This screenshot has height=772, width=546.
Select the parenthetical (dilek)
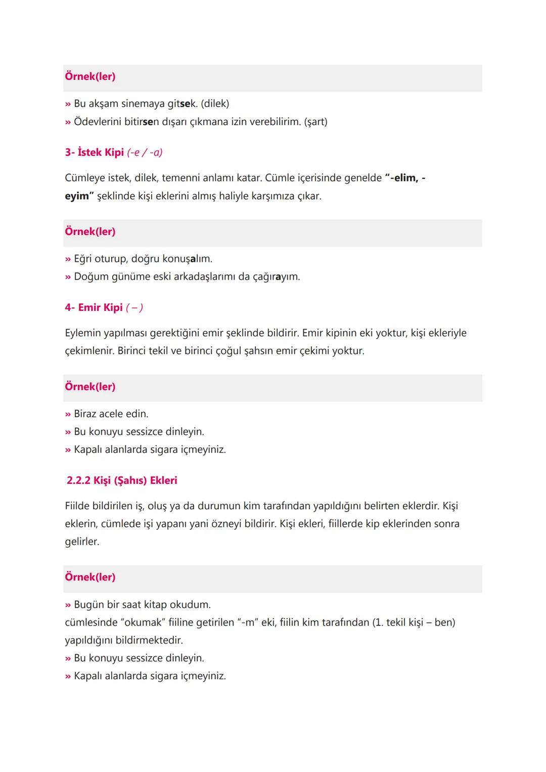coord(215,104)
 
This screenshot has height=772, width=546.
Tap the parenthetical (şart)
coord(315,122)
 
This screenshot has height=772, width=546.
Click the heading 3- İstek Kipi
coord(94,152)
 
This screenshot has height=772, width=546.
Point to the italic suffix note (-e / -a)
coord(145,152)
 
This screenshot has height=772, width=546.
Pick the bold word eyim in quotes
coord(77,196)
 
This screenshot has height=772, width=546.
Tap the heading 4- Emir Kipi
coord(94,307)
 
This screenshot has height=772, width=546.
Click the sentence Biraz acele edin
coord(111,414)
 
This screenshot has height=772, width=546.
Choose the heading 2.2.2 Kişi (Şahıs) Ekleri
coord(122,480)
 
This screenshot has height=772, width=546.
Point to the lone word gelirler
coord(82,541)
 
